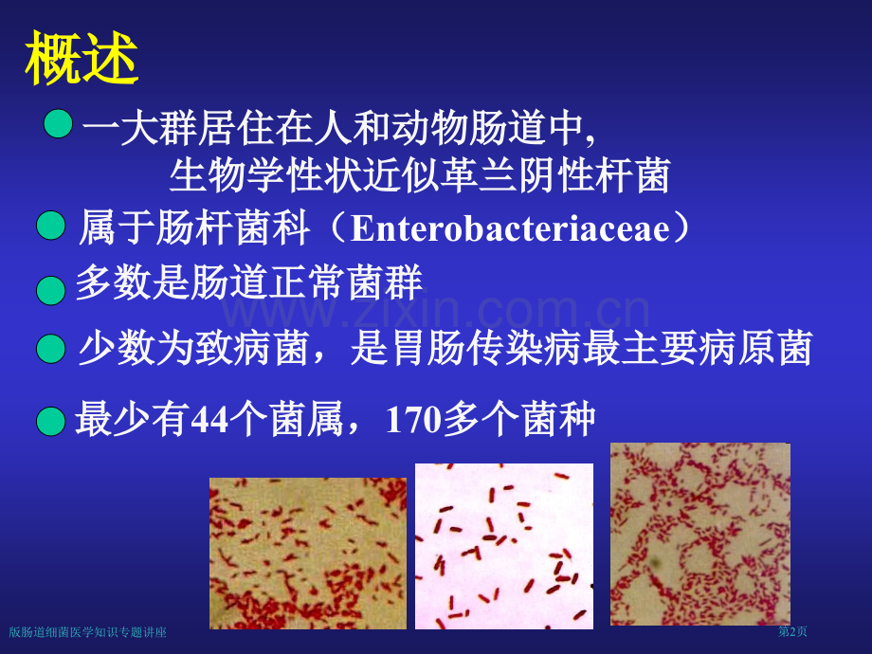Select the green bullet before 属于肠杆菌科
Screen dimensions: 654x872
pyautogui.click(x=50, y=227)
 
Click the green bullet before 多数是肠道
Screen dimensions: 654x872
pyautogui.click(x=50, y=290)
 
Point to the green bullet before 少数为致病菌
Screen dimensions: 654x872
pyautogui.click(x=50, y=351)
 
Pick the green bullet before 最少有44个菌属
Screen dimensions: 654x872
pyautogui.click(x=50, y=420)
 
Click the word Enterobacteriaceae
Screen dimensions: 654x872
pyautogui.click(x=511, y=229)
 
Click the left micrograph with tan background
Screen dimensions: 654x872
pyautogui.click(x=308, y=553)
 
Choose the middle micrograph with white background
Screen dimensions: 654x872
pyautogui.click(x=504, y=545)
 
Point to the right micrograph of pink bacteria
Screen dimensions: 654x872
pyautogui.click(x=699, y=534)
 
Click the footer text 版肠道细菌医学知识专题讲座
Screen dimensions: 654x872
pyautogui.click(x=87, y=632)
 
